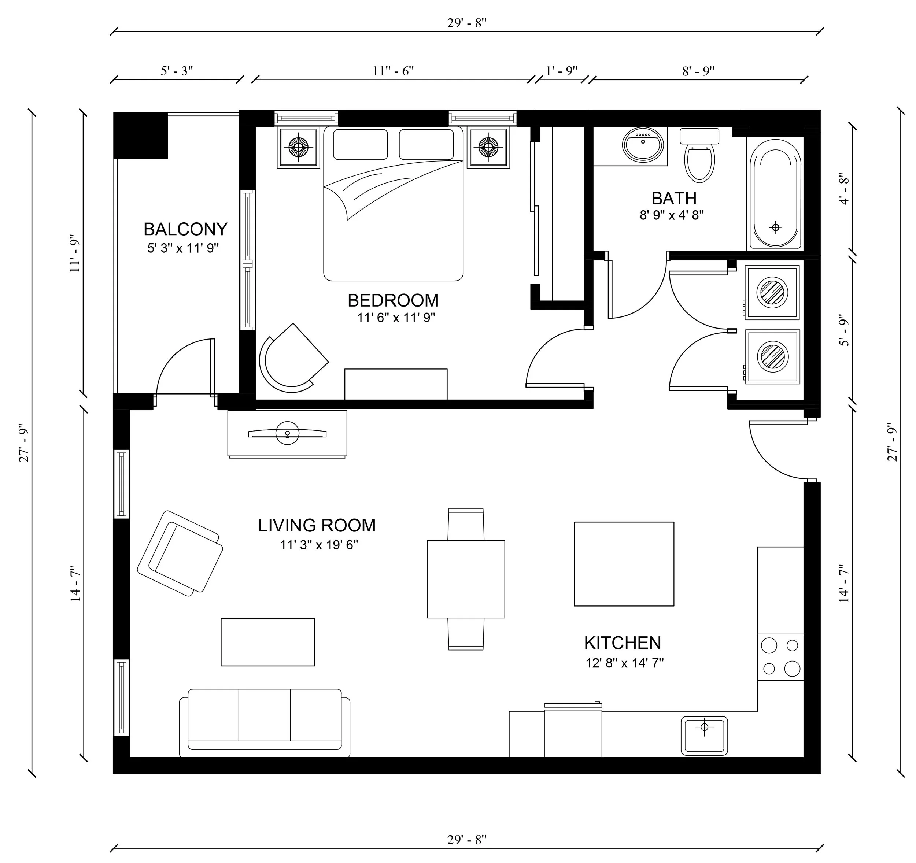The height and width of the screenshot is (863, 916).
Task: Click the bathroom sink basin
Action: point(643,144)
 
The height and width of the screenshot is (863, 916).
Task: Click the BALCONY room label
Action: point(185,229)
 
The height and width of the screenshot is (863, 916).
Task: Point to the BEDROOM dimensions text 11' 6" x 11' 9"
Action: point(396,318)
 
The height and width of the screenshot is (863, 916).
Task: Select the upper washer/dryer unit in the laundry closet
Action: point(772,292)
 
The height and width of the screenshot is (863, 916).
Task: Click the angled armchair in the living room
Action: point(181,553)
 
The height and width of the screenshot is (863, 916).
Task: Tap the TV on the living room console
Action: point(287,433)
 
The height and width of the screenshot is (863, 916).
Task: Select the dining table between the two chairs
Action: point(465,579)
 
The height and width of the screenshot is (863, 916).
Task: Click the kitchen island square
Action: point(624,563)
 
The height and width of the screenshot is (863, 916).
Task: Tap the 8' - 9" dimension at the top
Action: point(698,71)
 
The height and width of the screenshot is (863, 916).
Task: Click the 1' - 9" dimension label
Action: point(561,71)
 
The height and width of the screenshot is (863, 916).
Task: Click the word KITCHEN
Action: point(622,643)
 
